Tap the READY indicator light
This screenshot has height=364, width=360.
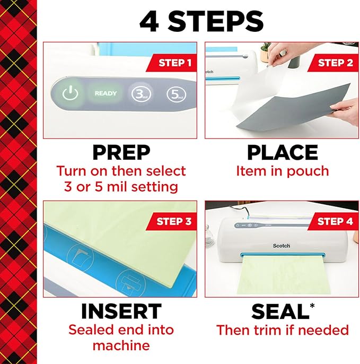point(106,93)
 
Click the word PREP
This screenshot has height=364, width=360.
point(121,152)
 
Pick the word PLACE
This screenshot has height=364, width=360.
point(282,152)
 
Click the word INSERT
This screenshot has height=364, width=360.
point(121,311)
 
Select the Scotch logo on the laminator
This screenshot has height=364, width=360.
point(282,246)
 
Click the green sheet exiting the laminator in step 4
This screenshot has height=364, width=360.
point(282,279)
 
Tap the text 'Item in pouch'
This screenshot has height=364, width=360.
point(282,171)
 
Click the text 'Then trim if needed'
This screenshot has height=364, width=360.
point(282,330)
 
